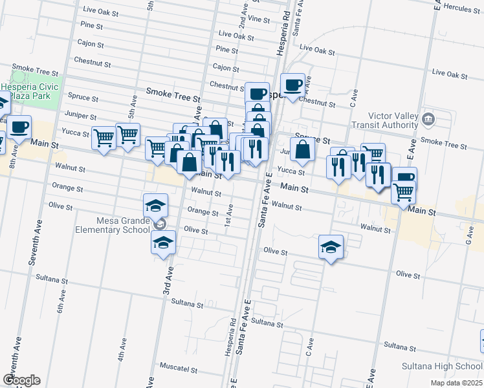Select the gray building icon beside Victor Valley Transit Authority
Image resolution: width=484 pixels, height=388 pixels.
[428, 120]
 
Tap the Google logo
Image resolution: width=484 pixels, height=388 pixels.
[21, 380]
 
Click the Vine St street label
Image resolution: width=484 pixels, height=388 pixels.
[258, 19]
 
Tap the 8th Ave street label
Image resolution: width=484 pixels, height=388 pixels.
[12, 155]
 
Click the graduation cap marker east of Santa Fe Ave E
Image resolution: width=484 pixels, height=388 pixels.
[331, 246]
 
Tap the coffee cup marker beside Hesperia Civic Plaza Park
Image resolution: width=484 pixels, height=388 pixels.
[19, 127]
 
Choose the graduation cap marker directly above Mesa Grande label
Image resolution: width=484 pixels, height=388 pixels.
[155, 205]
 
